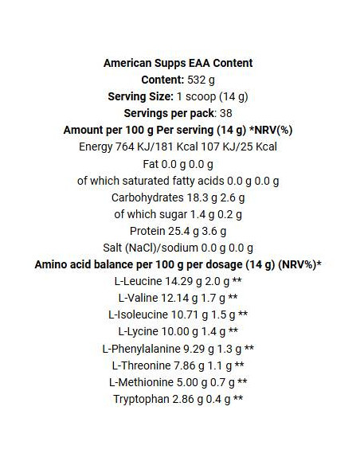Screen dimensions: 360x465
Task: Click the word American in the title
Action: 129,63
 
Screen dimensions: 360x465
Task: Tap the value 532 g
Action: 202,80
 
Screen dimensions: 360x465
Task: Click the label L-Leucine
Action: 140,281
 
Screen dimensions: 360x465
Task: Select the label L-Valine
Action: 139,298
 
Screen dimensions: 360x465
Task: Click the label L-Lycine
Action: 139,331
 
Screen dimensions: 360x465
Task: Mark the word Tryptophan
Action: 140,398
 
